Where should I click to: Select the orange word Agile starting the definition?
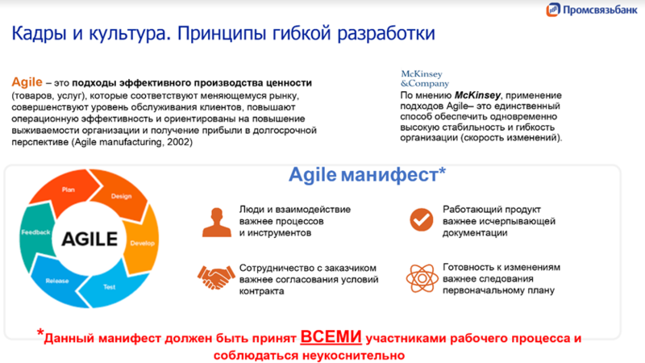(27, 83)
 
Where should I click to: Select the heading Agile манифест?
(368, 174)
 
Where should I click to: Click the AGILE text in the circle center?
(85, 239)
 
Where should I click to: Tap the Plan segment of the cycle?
(69, 189)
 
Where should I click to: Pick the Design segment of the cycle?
(121, 196)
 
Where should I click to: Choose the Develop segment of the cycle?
(142, 243)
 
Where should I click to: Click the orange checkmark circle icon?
(421, 219)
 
